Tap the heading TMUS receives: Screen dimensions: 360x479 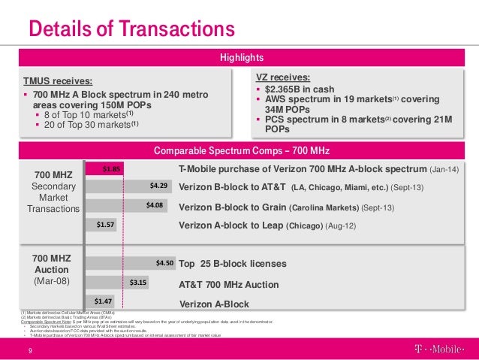point(59,81)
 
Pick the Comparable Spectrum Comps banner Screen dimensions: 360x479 point(241,150)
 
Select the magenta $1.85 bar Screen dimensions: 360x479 point(104,169)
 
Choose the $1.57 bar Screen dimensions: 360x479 point(101,224)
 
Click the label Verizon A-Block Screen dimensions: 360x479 point(214,304)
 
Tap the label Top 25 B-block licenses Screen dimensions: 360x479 point(233,264)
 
